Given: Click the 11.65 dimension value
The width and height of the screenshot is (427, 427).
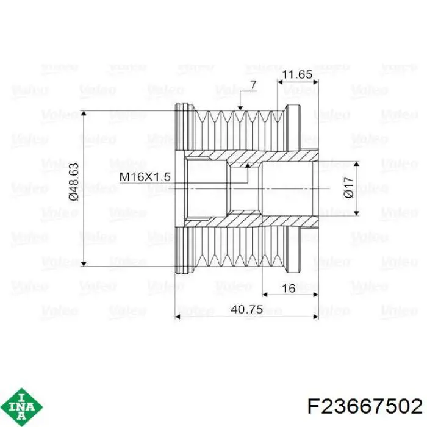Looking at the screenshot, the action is [x=297, y=74].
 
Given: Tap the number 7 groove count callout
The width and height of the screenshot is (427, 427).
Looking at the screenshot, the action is [x=253, y=85].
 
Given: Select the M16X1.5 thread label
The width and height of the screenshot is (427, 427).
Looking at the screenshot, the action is [x=145, y=177].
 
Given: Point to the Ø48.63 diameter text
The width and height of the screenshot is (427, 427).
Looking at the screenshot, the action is [x=74, y=182].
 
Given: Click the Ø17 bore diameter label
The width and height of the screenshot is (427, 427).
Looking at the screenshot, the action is [x=349, y=187].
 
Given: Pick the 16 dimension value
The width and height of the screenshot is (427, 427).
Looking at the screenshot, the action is [x=289, y=289].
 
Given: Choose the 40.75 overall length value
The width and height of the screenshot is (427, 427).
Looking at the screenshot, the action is [x=246, y=310].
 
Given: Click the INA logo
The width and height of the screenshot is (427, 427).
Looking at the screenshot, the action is [x=22, y=407].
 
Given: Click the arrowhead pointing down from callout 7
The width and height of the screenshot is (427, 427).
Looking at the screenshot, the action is [x=240, y=108].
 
